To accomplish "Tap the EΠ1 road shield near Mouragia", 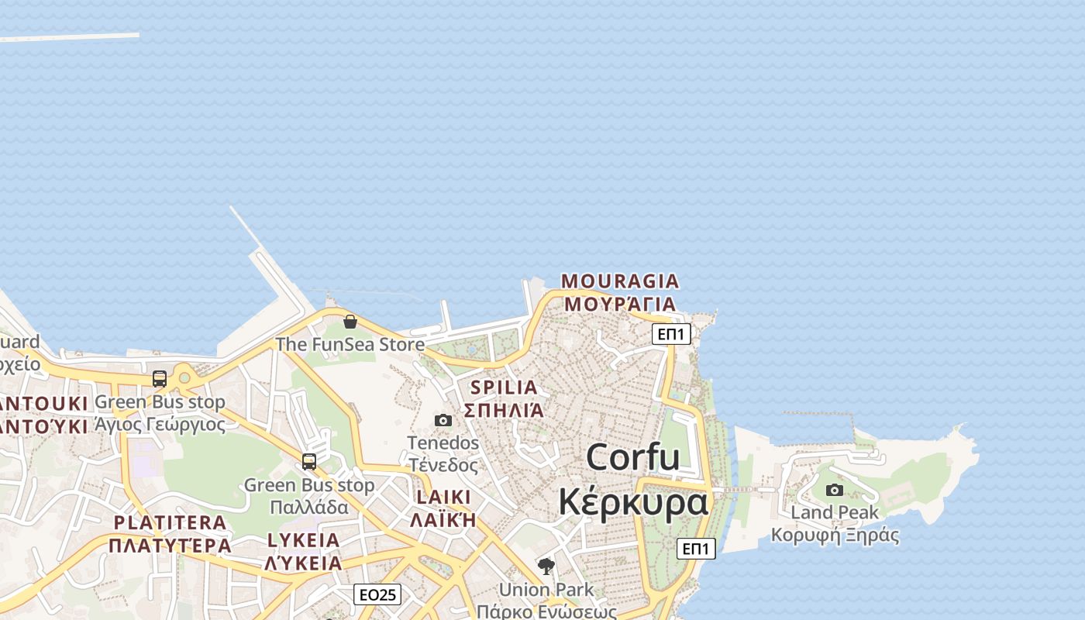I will tap(671, 334).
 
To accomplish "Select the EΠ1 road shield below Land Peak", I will tap(696, 549).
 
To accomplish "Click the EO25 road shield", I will tap(377, 594).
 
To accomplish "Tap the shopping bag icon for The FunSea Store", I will tap(350, 321).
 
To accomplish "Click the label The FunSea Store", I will tap(350, 344).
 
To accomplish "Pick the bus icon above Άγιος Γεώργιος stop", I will tap(160, 379).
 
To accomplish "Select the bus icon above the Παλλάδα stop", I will tap(309, 462).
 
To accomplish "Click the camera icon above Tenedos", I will tap(443, 420).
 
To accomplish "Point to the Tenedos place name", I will tap(443, 443).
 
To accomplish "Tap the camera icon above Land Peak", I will tap(835, 490).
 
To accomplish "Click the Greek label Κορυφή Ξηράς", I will tap(835, 535).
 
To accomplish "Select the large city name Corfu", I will tap(633, 456).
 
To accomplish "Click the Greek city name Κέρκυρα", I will tap(633, 501).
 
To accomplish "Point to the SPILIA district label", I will tap(504, 387).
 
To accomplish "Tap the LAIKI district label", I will tap(443, 497).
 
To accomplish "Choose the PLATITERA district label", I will tap(170, 522).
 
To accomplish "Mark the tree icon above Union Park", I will tap(546, 567).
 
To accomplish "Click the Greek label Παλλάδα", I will tap(309, 508).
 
